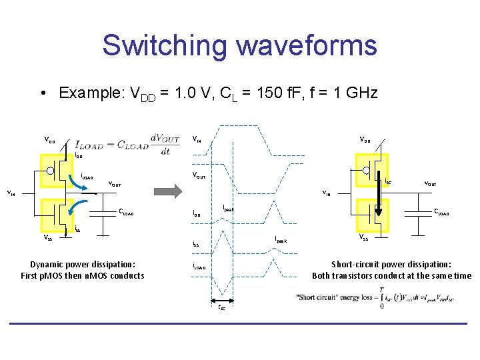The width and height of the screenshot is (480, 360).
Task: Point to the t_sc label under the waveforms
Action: [221, 307]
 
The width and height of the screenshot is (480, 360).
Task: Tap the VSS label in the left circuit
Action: [49, 237]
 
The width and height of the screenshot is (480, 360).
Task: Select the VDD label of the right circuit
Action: [365, 140]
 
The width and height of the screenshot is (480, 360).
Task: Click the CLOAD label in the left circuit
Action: [126, 213]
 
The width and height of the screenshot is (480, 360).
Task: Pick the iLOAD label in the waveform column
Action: [199, 268]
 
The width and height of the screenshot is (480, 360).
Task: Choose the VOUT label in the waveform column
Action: [199, 177]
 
